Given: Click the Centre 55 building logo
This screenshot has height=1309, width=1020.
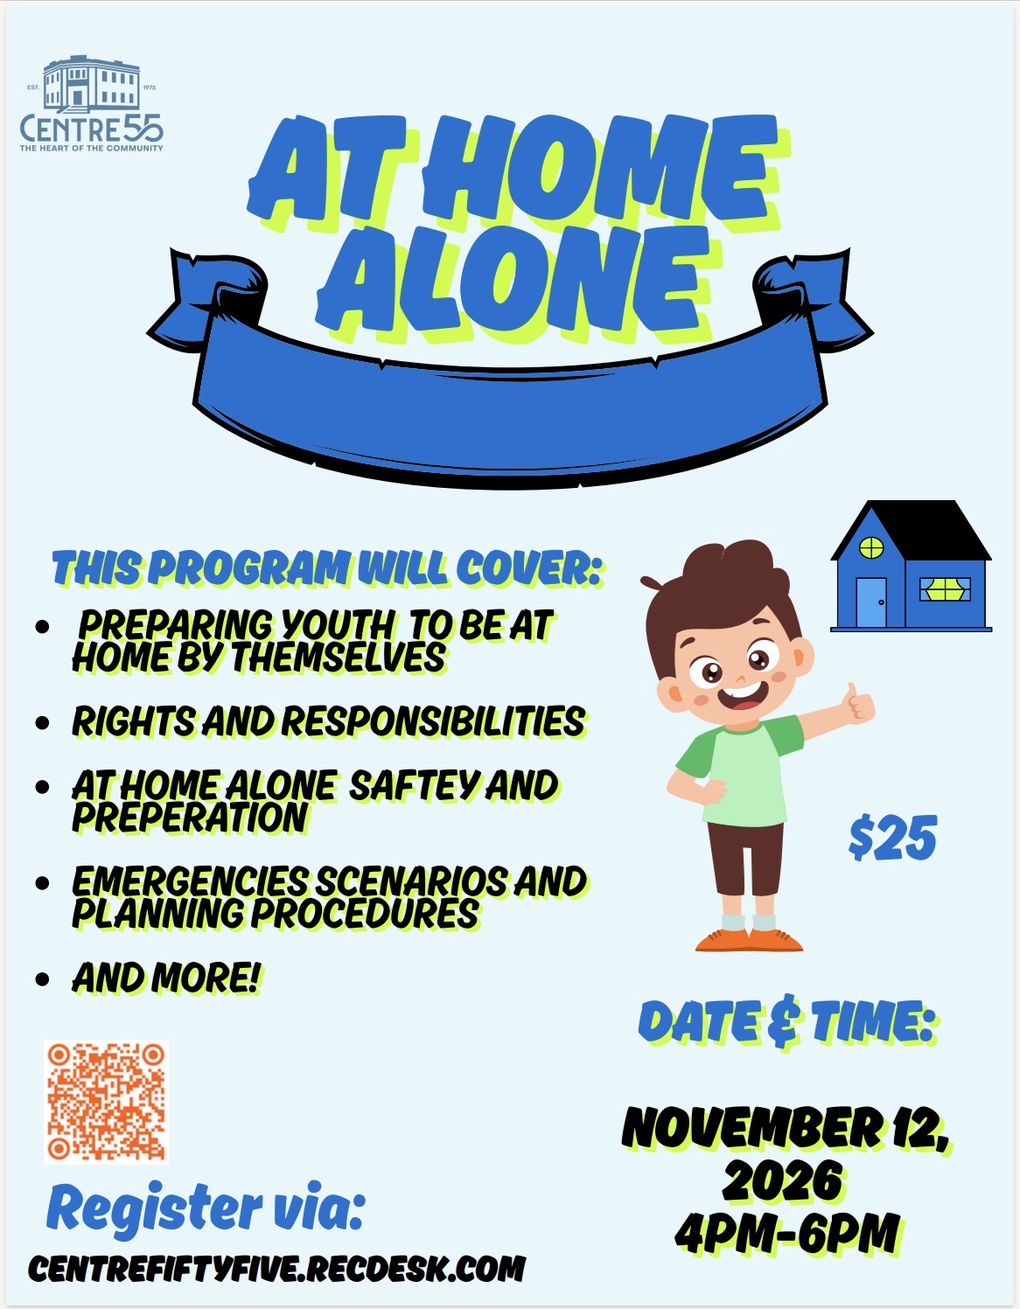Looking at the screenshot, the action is pyautogui.click(x=92, y=103).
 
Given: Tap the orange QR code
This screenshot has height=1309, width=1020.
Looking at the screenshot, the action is pyautogui.click(x=106, y=1102).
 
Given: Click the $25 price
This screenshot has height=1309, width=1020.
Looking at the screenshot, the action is pyautogui.click(x=893, y=838).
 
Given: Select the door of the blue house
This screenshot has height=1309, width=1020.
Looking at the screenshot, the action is pyautogui.click(x=871, y=602).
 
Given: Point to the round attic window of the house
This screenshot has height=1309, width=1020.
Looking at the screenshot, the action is pyautogui.click(x=870, y=547).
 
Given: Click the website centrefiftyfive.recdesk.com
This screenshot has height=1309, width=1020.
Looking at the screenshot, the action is pyautogui.click(x=276, y=1270).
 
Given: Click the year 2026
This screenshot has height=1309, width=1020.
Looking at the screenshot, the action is pyautogui.click(x=782, y=1180).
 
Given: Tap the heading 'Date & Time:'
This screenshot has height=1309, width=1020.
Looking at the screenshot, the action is pyautogui.click(x=786, y=1022).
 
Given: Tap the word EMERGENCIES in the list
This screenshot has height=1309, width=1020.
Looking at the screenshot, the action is pyautogui.click(x=190, y=881).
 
